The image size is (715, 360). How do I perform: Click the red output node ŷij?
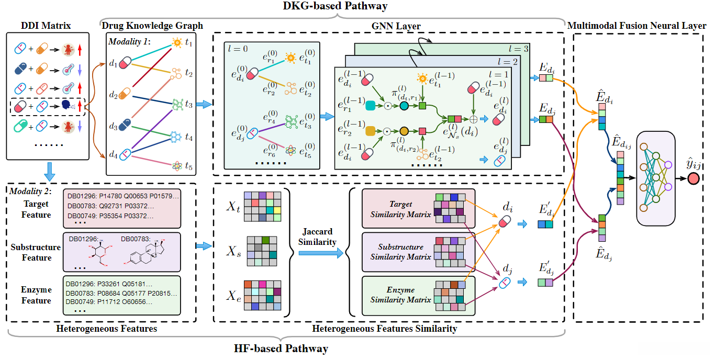pos(694,179)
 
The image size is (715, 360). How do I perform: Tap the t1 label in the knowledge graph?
pos(189,44)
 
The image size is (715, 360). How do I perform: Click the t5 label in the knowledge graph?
pos(189,167)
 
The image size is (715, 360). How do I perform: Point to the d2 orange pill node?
pos(124,94)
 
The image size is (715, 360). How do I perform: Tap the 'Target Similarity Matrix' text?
pos(401,209)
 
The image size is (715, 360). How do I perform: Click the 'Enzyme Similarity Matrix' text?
pos(401,295)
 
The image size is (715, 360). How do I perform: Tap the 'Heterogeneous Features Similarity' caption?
pos(384,329)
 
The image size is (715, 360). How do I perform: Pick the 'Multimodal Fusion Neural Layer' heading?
pos(636,26)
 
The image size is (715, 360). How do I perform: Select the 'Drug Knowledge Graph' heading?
pos(152,26)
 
